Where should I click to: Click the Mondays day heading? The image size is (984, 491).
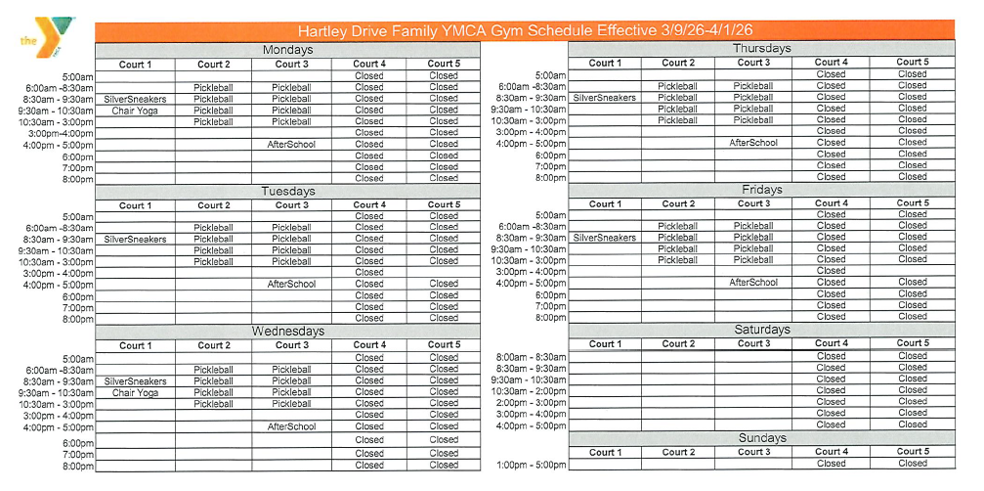click(x=288, y=50)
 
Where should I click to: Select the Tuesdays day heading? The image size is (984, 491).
click(x=288, y=192)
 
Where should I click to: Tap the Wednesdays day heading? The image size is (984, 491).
click(x=288, y=332)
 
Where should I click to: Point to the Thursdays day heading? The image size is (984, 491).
click(x=762, y=48)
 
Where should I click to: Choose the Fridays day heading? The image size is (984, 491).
click(x=762, y=190)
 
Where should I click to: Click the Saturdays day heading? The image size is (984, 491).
click(x=762, y=330)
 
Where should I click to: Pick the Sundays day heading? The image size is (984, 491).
click(x=762, y=439)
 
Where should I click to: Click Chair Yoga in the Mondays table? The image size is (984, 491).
click(x=135, y=111)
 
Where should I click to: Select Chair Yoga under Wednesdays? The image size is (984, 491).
click(x=135, y=392)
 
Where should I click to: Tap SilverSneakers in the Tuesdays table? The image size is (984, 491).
click(x=135, y=239)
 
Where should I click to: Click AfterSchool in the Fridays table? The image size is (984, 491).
click(x=753, y=282)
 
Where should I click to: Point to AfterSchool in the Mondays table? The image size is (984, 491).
click(x=291, y=145)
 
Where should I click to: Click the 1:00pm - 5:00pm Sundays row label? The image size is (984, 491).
click(x=531, y=464)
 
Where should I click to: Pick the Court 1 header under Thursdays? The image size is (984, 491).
click(x=604, y=63)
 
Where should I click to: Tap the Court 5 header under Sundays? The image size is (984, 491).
click(x=913, y=452)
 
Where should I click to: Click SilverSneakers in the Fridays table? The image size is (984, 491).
click(x=604, y=237)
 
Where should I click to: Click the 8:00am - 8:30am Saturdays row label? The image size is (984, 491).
click(x=531, y=357)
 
